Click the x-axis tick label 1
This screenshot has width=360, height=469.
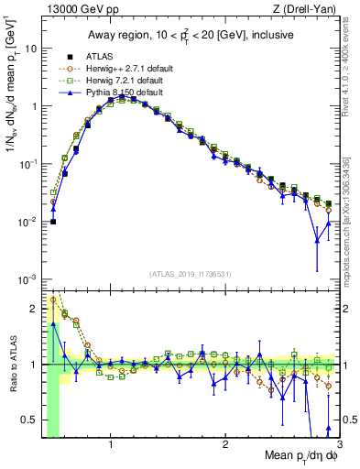(x=111, y=445)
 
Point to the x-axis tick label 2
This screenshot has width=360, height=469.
(x=224, y=445)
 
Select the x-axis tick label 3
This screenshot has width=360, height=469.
(x=338, y=445)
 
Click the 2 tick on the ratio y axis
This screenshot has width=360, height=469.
(x=34, y=308)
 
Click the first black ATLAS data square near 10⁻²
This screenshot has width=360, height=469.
(x=53, y=222)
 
